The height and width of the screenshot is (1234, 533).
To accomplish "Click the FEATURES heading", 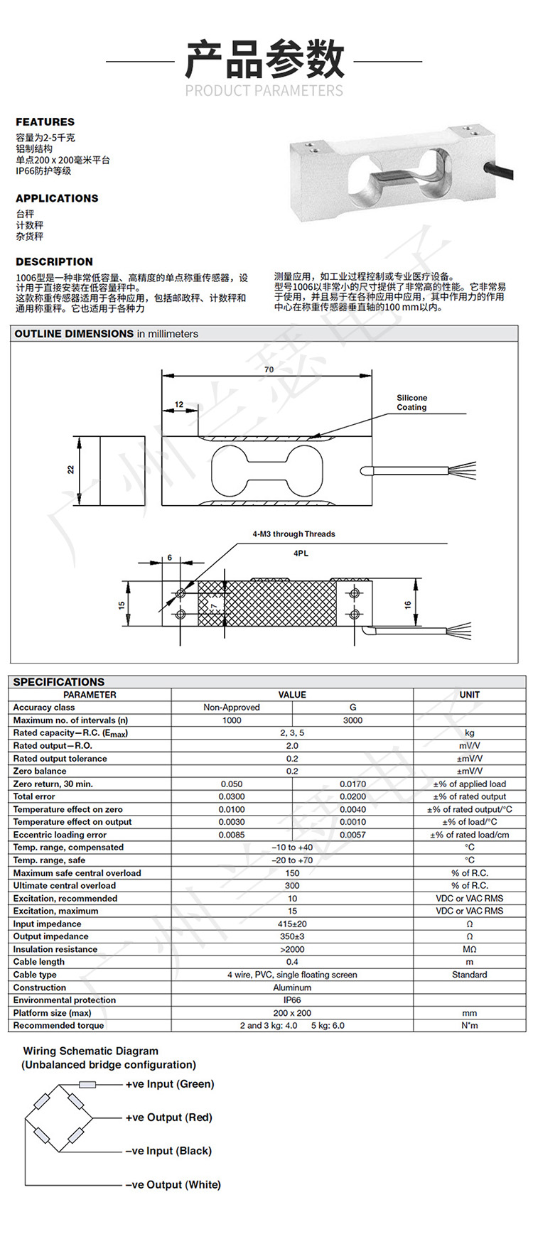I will point(45,122).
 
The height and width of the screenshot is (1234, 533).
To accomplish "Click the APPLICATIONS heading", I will point(57,198).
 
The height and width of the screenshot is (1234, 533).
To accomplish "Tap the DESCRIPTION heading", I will point(54,261).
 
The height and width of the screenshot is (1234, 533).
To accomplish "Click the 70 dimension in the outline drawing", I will point(268,369).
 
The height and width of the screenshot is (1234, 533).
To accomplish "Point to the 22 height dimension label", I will point(71,470).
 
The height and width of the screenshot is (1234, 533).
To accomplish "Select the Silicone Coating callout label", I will point(411,403).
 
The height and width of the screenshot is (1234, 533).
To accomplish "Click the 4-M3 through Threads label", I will point(294,534).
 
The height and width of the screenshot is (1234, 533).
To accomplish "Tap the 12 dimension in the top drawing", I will point(178,404).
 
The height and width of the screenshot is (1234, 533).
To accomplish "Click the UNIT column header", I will point(469,695).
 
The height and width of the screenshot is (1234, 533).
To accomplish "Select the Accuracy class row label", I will point(44,708).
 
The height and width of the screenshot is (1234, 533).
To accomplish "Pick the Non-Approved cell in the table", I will point(232,708).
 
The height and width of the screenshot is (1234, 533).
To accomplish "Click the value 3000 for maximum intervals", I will point(352,720).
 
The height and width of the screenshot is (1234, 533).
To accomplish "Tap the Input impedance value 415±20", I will point(292,924).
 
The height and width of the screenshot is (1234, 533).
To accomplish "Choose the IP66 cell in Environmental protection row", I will point(292,1000).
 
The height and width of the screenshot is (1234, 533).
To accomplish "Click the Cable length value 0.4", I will point(292,962).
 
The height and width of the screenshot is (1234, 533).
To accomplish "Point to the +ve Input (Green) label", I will point(169,1084).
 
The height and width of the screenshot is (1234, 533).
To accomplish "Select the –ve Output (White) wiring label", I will point(173,1184).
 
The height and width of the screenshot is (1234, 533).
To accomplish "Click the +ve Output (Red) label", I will point(168,1117).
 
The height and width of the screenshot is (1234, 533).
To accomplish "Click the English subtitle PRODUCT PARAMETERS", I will point(264,90).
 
